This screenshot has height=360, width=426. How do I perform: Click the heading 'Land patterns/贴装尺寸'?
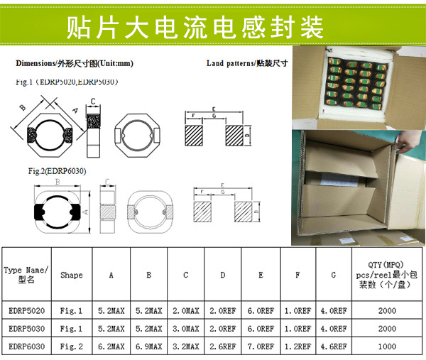pyautogui.click(x=246, y=64)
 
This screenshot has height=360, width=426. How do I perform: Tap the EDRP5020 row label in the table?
pyautogui.click(x=26, y=310)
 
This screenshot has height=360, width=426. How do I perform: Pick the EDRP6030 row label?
pyautogui.click(x=26, y=346)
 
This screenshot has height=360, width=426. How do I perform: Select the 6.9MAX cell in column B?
pyautogui.click(x=148, y=346)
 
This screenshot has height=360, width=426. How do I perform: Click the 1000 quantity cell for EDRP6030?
pyautogui.click(x=386, y=346)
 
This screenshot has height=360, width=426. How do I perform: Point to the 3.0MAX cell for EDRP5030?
pyautogui.click(x=186, y=329)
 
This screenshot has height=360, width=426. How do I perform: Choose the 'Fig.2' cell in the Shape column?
pyautogui.click(x=71, y=346)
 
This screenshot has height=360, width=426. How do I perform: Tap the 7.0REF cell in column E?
pyautogui.click(x=261, y=346)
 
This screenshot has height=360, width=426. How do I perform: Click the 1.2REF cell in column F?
pyautogui.click(x=297, y=346)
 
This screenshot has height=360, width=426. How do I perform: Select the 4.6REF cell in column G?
pyautogui.click(x=333, y=346)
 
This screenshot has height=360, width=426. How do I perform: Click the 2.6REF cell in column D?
pyautogui.click(x=224, y=346)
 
